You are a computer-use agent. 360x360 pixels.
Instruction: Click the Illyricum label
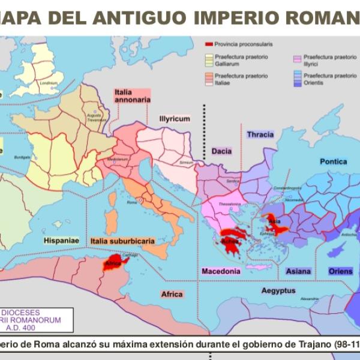175,119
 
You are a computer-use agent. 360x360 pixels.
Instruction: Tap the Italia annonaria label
131,96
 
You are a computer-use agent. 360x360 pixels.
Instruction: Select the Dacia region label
221,151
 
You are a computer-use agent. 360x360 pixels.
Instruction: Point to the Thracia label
260,134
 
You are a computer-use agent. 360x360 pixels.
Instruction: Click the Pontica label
333,161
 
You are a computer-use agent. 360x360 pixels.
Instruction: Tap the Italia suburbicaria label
122,241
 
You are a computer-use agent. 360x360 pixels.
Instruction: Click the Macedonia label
221,271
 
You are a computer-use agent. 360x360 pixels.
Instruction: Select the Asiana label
298,271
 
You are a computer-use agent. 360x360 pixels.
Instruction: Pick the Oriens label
340,271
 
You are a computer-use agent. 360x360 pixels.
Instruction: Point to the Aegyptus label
278,290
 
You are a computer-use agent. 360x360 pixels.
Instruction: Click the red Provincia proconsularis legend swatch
209,44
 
